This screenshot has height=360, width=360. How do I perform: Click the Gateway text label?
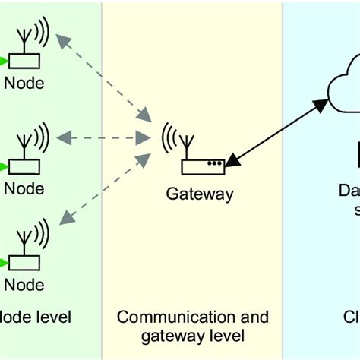tap(200, 194)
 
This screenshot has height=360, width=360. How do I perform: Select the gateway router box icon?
tap(204, 163)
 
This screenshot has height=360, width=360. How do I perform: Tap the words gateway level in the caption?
tap(193, 335)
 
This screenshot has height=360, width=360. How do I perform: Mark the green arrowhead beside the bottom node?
tap(5, 262)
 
